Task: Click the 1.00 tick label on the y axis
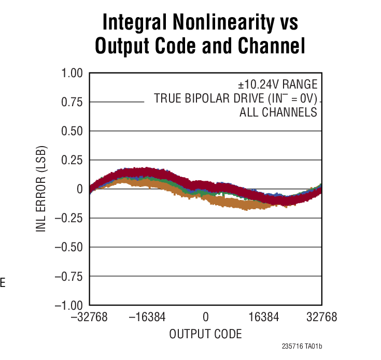coord(73,73)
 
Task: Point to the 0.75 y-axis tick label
coord(73,102)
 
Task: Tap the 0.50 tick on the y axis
coord(73,131)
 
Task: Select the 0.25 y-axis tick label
coord(73,160)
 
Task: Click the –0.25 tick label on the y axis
coord(69,218)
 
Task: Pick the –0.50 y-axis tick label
coord(69,247)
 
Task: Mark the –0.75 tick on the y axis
coord(69,276)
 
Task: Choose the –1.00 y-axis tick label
coord(69,305)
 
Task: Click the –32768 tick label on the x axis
coord(89,317)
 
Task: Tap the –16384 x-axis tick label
coord(147,317)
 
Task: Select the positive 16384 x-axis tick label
coord(263,317)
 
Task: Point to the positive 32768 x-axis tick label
coord(321,317)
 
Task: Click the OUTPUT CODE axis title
coord(205,334)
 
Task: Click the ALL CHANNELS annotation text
coord(278,112)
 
